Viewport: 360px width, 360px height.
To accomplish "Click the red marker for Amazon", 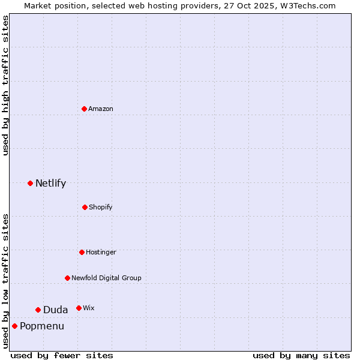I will pyautogui.click(x=85, y=109).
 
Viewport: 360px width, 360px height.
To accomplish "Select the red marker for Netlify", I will pyautogui.click(x=30, y=183).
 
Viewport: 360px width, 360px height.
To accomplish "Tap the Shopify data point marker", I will pyautogui.click(x=85, y=207).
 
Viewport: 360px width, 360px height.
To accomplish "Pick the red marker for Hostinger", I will pyautogui.click(x=82, y=252).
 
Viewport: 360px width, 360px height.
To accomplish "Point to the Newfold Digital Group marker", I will pyautogui.click(x=67, y=278).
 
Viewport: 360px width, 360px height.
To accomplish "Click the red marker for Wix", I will pyautogui.click(x=79, y=308).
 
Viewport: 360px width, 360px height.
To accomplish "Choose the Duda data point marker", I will pyautogui.click(x=38, y=310).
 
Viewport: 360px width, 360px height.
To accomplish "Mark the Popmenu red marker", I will pyautogui.click(x=14, y=326).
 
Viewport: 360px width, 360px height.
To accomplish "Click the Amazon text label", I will pyautogui.click(x=101, y=109).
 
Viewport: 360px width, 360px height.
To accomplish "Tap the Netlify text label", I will pyautogui.click(x=50, y=183).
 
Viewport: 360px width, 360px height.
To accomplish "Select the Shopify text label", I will pyautogui.click(x=101, y=207).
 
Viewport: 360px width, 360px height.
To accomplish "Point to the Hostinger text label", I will pyautogui.click(x=101, y=252).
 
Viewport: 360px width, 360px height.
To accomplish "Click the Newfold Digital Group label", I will pyautogui.click(x=106, y=278).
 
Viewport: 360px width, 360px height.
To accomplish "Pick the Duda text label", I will pyautogui.click(x=55, y=310).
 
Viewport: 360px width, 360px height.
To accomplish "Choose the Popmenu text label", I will pyautogui.click(x=42, y=326).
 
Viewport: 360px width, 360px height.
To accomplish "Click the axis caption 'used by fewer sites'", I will pyautogui.click(x=62, y=355).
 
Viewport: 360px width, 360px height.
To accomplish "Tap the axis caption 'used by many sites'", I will pyautogui.click(x=301, y=355).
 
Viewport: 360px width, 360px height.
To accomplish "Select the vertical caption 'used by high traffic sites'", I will pyautogui.click(x=5, y=85).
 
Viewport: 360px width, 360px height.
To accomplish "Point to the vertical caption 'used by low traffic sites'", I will pyautogui.click(x=5, y=281).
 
